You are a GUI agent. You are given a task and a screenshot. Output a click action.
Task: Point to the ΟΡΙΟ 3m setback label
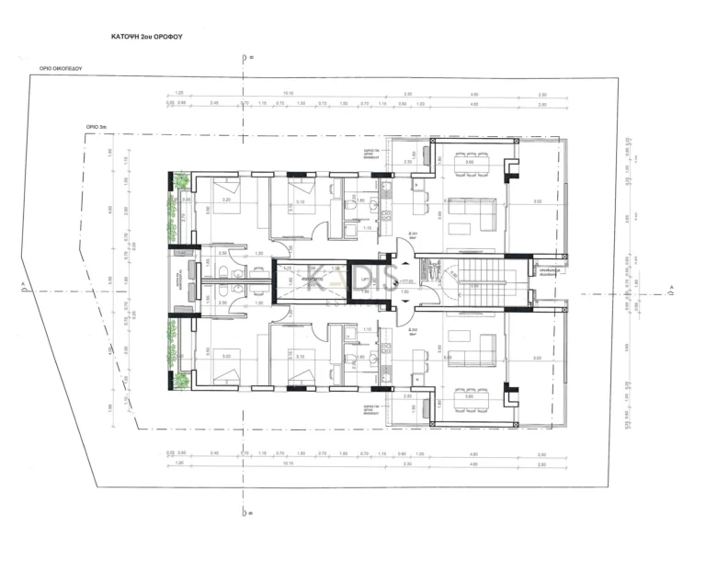pos(98,129)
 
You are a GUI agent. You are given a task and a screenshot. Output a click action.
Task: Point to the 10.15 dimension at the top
pos(288,94)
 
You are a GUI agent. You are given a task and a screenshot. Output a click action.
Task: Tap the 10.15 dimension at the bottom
pos(288,464)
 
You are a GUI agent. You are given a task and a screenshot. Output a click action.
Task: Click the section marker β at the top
pos(243,57)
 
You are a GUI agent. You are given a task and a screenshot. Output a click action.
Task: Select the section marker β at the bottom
pos(243,511)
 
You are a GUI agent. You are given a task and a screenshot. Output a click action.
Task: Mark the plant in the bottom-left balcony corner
pos(181,380)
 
